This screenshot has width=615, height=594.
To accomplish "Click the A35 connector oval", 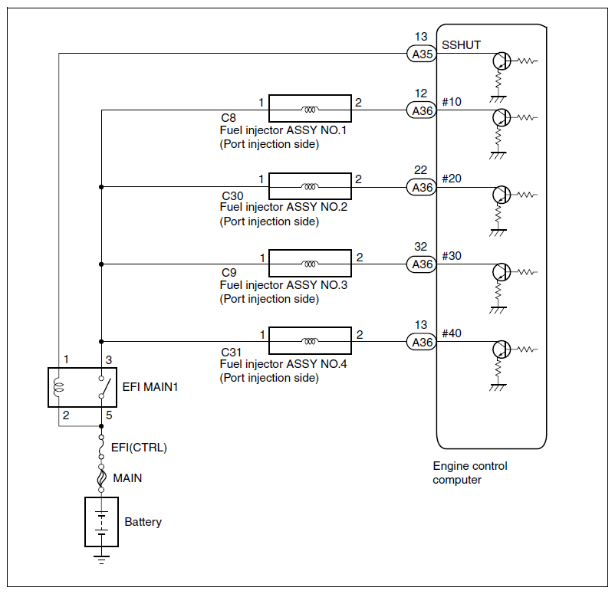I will click(421, 54).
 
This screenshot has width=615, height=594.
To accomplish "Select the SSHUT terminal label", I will click(462, 45).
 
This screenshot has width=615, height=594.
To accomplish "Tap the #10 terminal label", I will click(452, 102).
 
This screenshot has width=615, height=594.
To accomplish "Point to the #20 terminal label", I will click(452, 179).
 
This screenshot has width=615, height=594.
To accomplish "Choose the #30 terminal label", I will click(452, 256).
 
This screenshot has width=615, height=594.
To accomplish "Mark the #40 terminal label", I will click(452, 333).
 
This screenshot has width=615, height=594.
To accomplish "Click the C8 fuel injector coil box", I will click(310, 110).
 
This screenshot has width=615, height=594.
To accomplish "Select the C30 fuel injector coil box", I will click(310, 186).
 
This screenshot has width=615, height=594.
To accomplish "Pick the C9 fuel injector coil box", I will click(310, 264).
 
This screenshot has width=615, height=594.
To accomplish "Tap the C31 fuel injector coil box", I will click(310, 341).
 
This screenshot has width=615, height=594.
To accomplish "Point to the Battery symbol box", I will click(101, 522).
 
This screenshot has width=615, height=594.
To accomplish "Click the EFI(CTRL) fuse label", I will click(139, 448).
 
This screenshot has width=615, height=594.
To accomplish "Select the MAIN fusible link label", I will click(127, 478).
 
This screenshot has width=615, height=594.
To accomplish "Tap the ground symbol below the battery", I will click(101, 559).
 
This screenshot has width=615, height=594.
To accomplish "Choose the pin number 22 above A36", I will click(421, 171).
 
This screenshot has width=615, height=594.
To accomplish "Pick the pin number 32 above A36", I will click(421, 248).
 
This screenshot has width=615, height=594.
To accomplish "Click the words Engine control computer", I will click(469, 473).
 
